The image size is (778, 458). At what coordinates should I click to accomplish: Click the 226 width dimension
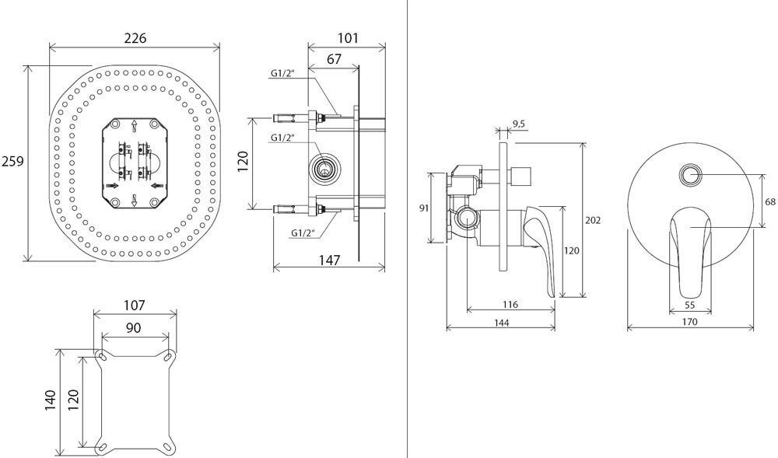click(x=135, y=37)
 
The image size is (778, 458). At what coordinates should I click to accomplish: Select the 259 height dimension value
click(x=12, y=162)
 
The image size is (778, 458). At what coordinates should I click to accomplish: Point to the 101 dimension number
click(x=348, y=36)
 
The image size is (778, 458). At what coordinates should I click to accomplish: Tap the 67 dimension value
click(x=335, y=60)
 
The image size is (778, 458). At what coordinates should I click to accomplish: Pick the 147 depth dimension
click(x=329, y=260)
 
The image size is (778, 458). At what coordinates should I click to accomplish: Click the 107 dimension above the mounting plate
click(x=135, y=306)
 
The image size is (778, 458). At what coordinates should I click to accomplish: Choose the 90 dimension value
click(x=134, y=328)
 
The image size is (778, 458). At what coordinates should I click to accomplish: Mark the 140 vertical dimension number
click(x=52, y=400)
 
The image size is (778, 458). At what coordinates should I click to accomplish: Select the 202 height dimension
click(x=593, y=220)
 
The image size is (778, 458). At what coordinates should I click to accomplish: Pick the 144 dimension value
click(x=500, y=322)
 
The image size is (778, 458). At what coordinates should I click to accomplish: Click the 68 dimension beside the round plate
click(x=770, y=201)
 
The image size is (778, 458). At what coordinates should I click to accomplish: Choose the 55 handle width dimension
click(x=689, y=306)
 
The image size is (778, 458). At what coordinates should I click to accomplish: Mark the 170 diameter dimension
click(x=689, y=322)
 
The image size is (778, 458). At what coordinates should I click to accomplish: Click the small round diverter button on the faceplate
click(x=689, y=174)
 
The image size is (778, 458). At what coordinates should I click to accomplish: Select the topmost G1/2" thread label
click(x=282, y=73)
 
